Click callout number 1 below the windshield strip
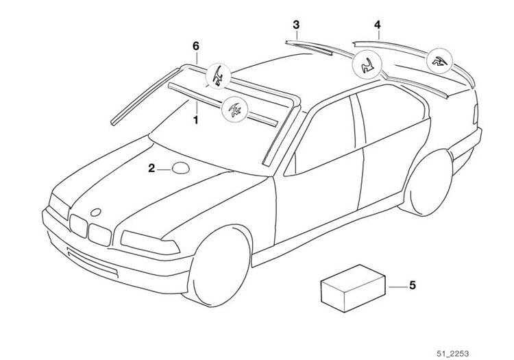click(x=196, y=120)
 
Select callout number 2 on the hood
click(x=151, y=169)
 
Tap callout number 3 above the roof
click(x=296, y=25)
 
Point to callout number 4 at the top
click(x=378, y=25)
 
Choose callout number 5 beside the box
click(x=413, y=285)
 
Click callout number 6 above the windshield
click(x=196, y=46)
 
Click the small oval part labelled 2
click(x=181, y=168)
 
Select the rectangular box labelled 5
click(x=353, y=288)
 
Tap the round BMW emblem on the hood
click(x=96, y=213)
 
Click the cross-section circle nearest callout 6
click(x=218, y=76)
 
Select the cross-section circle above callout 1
click(x=234, y=110)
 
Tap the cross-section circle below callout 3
click(x=367, y=64)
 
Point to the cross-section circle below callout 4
click(x=439, y=61)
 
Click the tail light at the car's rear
click(x=476, y=114)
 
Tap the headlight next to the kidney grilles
click(x=149, y=243)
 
